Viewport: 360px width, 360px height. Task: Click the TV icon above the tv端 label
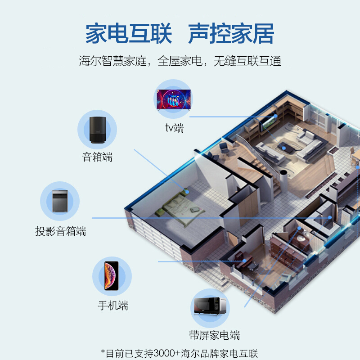(x=174, y=99)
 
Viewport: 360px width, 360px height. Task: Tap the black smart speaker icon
(x=98, y=130)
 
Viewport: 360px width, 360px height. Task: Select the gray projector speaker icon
(x=60, y=201)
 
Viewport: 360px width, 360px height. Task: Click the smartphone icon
(x=112, y=276)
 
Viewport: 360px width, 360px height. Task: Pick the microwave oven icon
(x=210, y=306)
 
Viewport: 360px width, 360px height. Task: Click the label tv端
(x=175, y=128)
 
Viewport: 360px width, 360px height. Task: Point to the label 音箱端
(x=97, y=157)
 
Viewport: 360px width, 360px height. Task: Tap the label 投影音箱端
(x=61, y=231)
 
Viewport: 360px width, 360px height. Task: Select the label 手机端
(x=113, y=306)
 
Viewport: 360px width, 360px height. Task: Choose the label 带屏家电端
(x=215, y=335)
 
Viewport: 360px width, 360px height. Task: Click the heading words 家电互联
(x=129, y=33)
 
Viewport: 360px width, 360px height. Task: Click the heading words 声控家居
(x=231, y=33)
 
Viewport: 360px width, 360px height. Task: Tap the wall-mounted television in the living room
(x=268, y=123)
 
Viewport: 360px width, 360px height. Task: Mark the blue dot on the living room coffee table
(x=284, y=148)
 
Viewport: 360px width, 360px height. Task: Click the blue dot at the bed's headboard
(x=187, y=192)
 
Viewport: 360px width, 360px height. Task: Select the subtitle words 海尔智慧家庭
(x=113, y=61)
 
